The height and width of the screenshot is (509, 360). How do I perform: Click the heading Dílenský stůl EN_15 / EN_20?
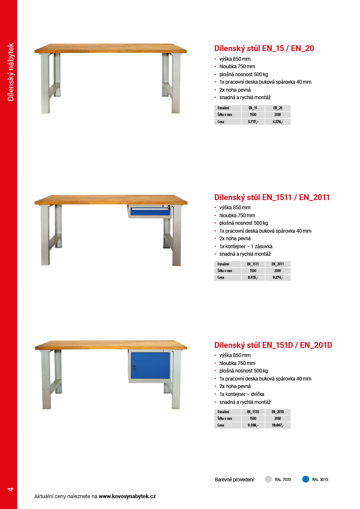point(264,48)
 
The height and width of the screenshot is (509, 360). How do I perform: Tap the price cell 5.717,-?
point(253,122)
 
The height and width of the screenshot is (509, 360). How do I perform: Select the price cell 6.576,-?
point(278,122)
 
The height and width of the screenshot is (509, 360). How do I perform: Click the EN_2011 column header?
point(278,264)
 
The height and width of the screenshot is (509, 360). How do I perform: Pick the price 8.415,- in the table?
point(253,278)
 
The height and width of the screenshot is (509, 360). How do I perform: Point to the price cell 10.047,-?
point(278,425)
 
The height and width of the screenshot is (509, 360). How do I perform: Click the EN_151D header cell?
point(253,412)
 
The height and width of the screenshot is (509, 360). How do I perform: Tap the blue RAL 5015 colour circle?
point(306,479)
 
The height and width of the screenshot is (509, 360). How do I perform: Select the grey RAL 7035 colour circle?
point(269,479)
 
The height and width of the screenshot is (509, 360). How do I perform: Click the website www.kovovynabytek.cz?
point(127,496)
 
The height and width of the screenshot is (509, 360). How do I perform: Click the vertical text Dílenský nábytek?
point(11,72)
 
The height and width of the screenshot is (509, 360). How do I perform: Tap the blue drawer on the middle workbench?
point(150,212)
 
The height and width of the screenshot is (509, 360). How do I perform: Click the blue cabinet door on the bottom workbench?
point(150,365)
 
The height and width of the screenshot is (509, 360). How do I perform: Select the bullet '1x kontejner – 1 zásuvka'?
point(246,246)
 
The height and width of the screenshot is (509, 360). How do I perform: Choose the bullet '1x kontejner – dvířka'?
point(242,394)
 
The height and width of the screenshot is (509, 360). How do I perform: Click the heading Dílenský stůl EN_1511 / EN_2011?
point(272,197)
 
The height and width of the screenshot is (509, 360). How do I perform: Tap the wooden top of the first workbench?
point(111,48)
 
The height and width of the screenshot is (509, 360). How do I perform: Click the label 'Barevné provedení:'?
point(234,479)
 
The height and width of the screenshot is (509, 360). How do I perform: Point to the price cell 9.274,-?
point(278,278)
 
